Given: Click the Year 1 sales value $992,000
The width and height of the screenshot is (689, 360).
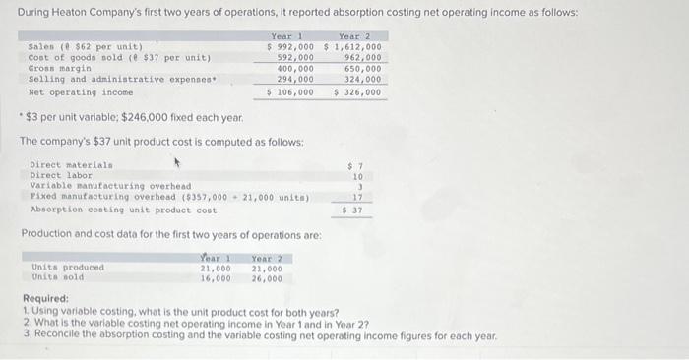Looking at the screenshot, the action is point(290,46).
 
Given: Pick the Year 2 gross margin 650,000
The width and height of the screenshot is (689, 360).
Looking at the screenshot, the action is point(361,69).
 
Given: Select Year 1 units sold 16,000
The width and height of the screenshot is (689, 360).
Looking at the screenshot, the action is point(216,278).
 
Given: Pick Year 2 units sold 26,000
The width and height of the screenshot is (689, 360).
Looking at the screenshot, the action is point(267,278).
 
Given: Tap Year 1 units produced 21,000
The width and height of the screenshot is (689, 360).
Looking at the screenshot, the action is point(216,268).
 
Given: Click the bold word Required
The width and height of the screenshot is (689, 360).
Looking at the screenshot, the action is point(44,299).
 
